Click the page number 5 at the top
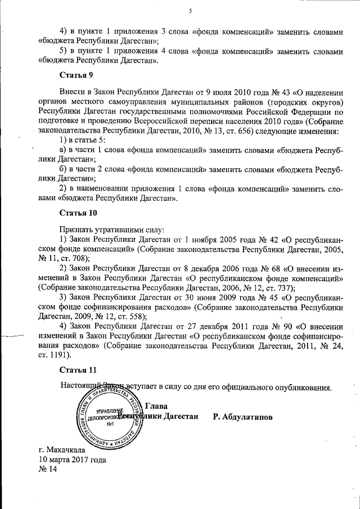191,11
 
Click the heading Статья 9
76,74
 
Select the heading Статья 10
78,213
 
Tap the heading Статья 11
78,370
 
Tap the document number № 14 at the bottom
48,470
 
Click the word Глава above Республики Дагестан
156,406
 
